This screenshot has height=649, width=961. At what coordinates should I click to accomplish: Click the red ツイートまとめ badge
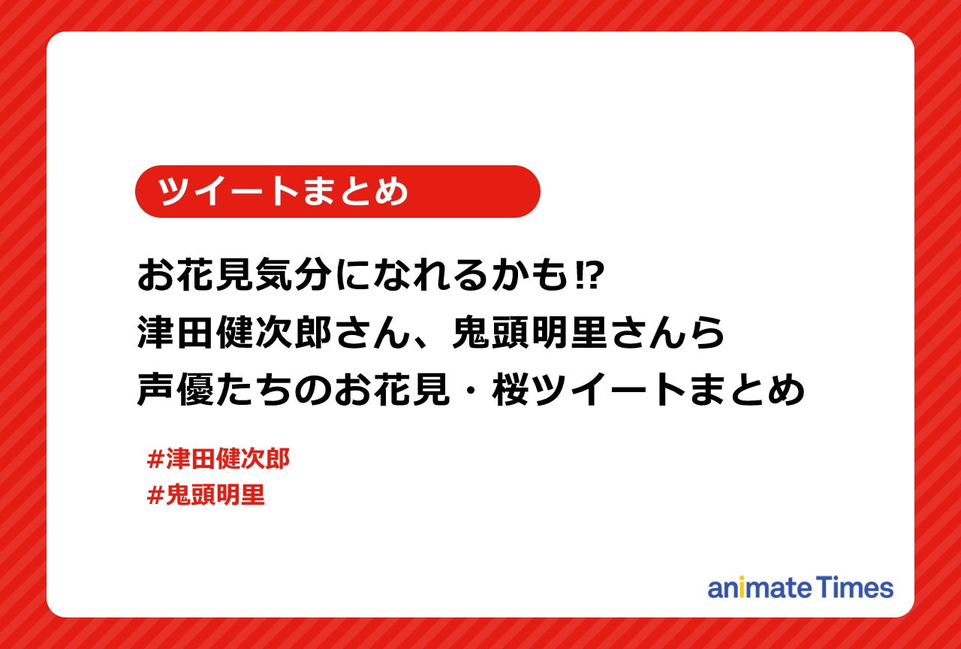[x=337, y=192]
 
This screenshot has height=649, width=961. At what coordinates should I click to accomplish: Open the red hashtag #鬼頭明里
[x=206, y=496]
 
